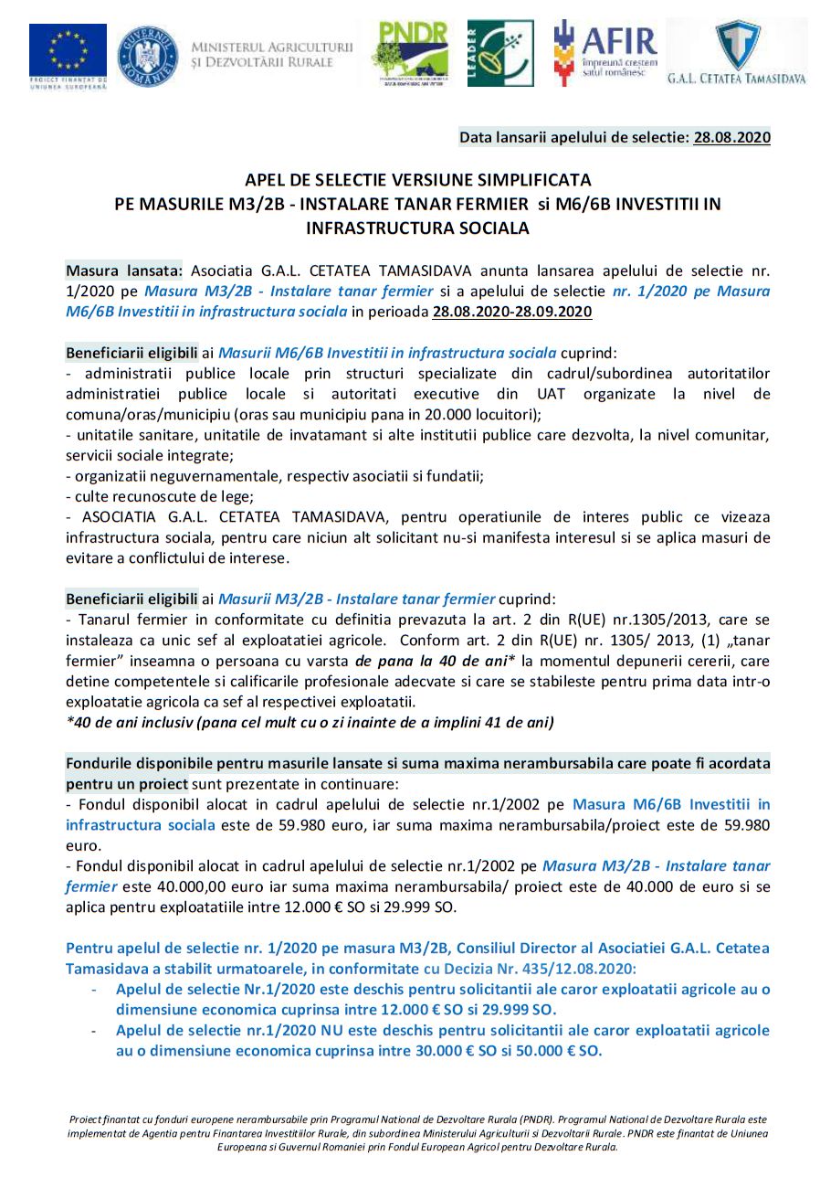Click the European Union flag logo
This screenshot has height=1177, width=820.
(68, 52)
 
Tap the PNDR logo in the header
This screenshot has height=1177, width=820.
(409, 52)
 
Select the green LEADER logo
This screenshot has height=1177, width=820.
(499, 53)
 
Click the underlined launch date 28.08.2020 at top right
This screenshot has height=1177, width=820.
(731, 138)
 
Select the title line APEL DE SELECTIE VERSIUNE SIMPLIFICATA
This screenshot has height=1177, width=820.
(418, 179)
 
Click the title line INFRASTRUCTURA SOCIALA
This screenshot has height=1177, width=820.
(418, 228)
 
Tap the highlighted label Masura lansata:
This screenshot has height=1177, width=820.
(124, 271)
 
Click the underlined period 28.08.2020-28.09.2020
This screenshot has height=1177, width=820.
(512, 312)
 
